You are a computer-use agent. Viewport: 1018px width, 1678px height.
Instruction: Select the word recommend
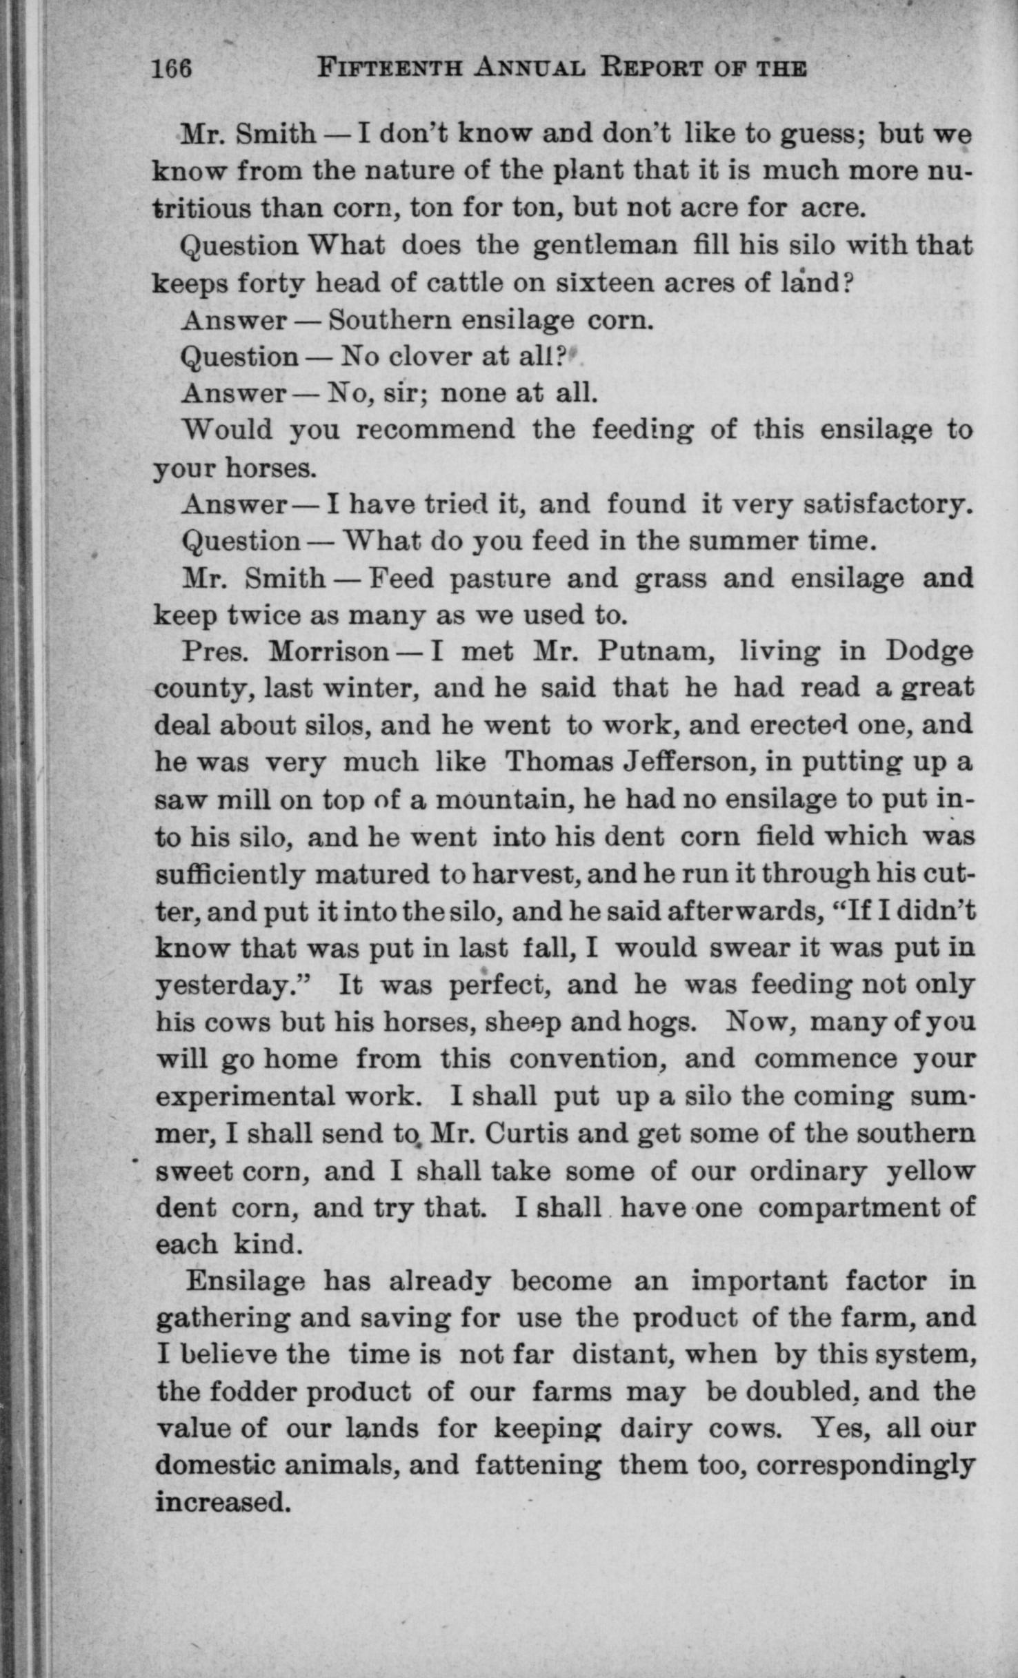tap(435, 430)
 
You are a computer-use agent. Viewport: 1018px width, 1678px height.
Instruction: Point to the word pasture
tap(500, 578)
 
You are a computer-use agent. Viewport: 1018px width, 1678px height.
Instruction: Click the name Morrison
tap(329, 651)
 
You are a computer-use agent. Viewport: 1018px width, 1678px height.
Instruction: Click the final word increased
tap(221, 1501)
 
